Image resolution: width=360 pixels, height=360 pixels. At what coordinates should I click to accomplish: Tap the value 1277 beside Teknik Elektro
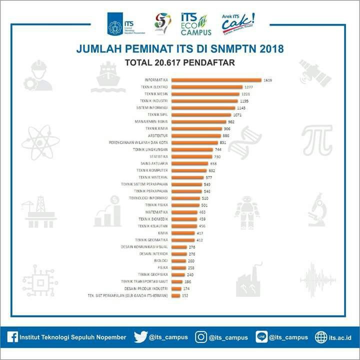coord(248,87)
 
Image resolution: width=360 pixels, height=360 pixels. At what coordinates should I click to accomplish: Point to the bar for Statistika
coord(190,156)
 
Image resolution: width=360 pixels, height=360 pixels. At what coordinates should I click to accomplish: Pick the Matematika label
coord(156,212)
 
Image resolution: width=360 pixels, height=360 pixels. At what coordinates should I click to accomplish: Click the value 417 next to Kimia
coord(200,233)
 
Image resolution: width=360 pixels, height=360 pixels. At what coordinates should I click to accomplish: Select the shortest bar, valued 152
coord(175,296)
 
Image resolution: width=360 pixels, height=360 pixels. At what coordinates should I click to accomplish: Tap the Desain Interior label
coord(153,254)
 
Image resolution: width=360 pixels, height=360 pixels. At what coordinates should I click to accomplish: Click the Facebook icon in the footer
coord(13,337)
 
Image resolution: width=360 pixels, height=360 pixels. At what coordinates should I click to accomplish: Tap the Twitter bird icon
coord(140,337)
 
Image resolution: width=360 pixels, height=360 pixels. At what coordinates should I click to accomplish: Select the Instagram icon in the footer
coord(201,337)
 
